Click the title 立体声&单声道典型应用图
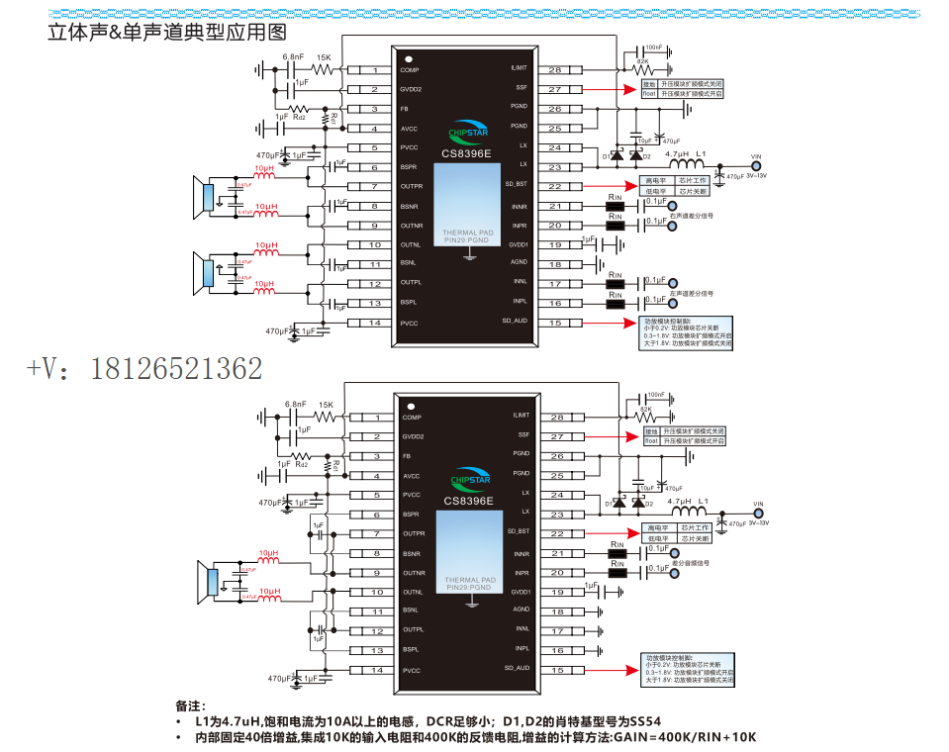[x=165, y=32]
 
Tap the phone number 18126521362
[x=177, y=368]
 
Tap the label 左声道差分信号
[x=691, y=293]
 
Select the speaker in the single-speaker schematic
[x=209, y=583]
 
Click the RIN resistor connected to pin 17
[x=616, y=284]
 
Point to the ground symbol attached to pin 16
[x=602, y=650]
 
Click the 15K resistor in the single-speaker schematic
[x=324, y=417]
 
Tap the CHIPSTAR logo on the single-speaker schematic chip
[x=469, y=480]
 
